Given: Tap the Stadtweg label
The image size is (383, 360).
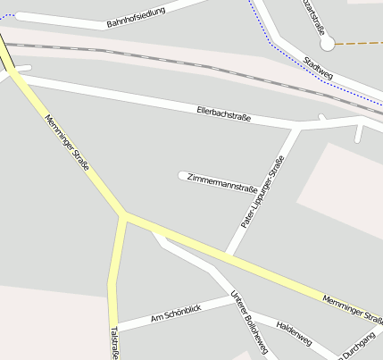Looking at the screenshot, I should tap(319, 68).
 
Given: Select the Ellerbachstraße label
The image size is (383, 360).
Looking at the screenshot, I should tap(223, 113).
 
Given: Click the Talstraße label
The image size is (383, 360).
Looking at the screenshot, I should tap(113, 343).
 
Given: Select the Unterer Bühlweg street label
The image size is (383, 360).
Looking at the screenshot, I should tap(249, 322).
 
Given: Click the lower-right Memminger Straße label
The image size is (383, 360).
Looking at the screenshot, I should tap(353, 309).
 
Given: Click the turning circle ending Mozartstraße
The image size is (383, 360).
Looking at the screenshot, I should tap(327, 44).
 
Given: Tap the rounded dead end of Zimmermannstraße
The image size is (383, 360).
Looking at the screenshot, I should tap(183, 175).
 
